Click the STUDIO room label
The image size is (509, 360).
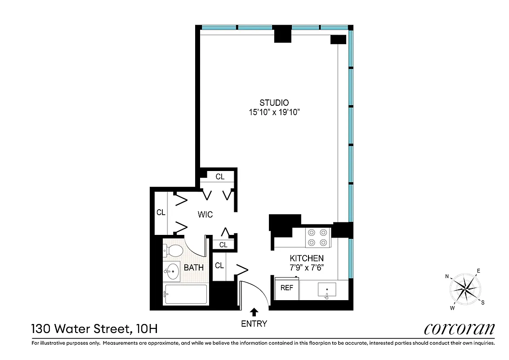pyautogui.click(x=274, y=103)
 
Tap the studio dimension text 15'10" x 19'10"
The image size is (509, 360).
pyautogui.click(x=274, y=112)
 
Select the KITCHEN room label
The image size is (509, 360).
pyautogui.click(x=306, y=258)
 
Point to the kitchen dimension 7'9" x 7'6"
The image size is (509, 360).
pyautogui.click(x=306, y=267)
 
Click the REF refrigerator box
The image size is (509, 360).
pyautogui.click(x=287, y=288)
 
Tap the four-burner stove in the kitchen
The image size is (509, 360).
pyautogui.click(x=318, y=238)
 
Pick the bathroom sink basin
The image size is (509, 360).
pyautogui.click(x=171, y=271)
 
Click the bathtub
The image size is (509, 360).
pyautogui.click(x=186, y=294)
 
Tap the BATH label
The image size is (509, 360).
pyautogui.click(x=194, y=268)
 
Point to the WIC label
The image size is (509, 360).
pyautogui.click(x=205, y=215)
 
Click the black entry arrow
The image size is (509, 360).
pyautogui.click(x=254, y=311)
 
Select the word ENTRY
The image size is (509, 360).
pyautogui.click(x=254, y=324)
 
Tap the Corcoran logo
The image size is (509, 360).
pyautogui.click(x=459, y=329)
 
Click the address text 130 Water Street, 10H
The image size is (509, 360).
pyautogui.click(x=94, y=329)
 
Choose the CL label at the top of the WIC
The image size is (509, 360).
pyautogui.click(x=220, y=177)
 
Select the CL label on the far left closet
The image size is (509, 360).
pyautogui.click(x=161, y=212)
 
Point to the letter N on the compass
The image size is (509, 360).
pyautogui.click(x=447, y=276)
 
